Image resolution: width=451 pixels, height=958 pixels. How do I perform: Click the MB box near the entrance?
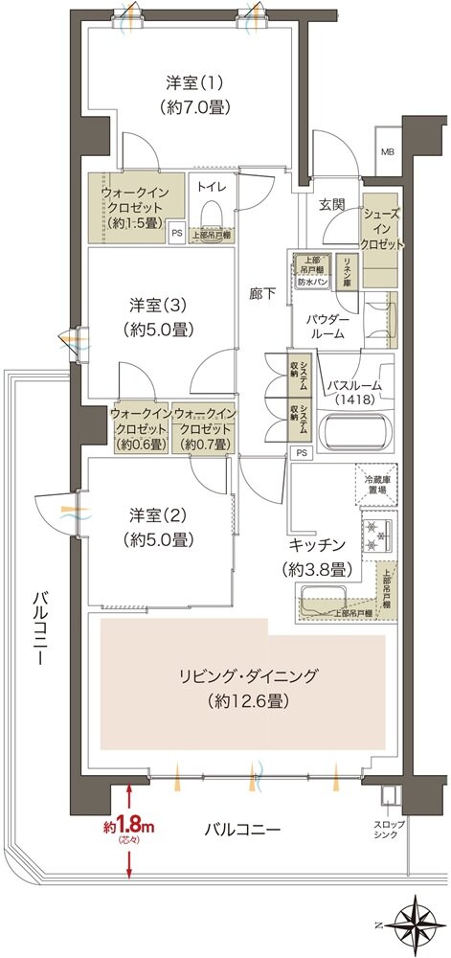tap(388, 152)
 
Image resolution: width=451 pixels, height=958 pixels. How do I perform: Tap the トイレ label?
tap(213, 187)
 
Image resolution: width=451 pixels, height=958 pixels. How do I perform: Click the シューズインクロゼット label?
tap(382, 230)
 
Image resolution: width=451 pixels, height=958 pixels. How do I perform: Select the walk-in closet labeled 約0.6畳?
tap(141, 429)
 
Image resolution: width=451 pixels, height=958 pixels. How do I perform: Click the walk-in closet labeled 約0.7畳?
tap(203, 429)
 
